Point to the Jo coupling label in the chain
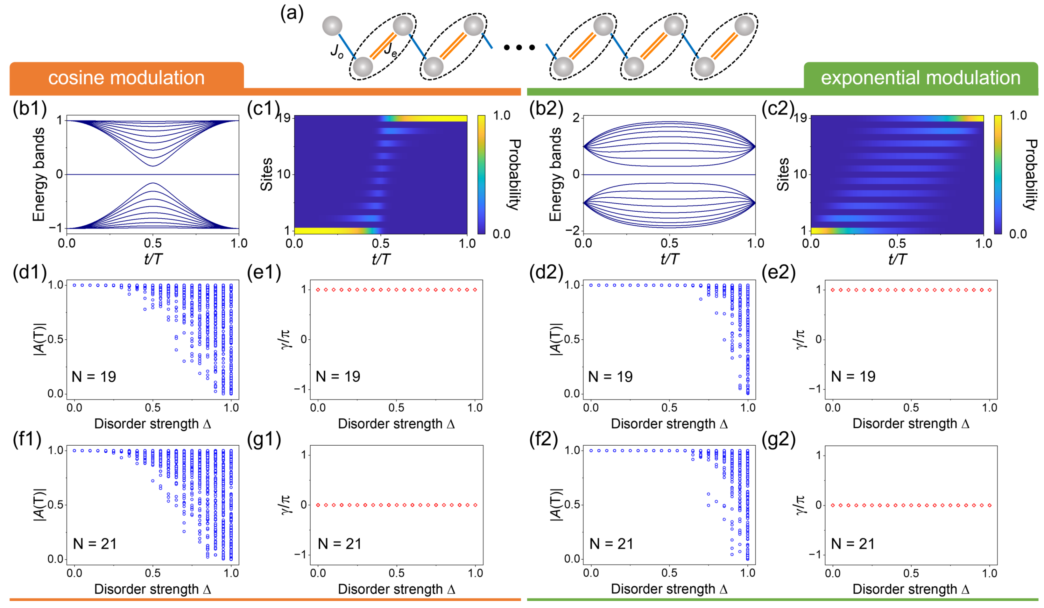coord(336,51)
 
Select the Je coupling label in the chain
coord(390,50)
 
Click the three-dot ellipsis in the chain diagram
coord(519,48)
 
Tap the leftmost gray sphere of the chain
coord(332,26)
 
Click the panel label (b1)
coord(29,109)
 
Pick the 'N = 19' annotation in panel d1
coord(94,377)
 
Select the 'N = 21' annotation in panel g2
coord(853,544)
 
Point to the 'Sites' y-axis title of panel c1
coord(266,174)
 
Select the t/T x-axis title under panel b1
coord(153,259)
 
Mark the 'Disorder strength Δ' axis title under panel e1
coord(397,424)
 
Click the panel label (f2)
coord(546,439)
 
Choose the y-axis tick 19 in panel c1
coord(284,118)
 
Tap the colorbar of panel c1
coord(481,174)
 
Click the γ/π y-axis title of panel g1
coord(287,505)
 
